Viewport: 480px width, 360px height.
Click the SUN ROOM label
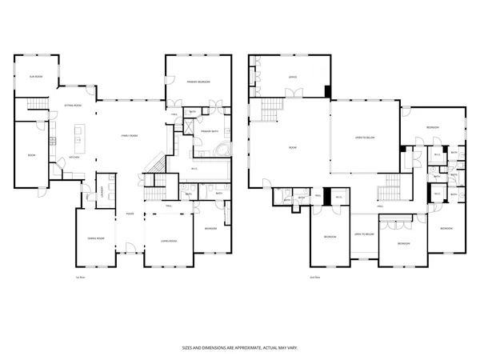pyautogui.click(x=35, y=77)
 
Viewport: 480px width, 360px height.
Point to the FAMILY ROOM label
pyautogui.click(x=130, y=136)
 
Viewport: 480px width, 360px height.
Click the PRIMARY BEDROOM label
pyautogui.click(x=198, y=82)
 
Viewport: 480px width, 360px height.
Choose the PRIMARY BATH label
pyautogui.click(x=210, y=130)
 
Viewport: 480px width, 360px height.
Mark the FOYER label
pyautogui.click(x=129, y=214)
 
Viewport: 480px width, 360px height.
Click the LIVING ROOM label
pyautogui.click(x=168, y=240)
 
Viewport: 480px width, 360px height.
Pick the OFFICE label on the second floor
pyautogui.click(x=271, y=78)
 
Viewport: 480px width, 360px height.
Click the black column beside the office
pyautogui.click(x=326, y=91)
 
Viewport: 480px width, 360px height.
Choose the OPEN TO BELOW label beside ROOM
pyautogui.click(x=365, y=137)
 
